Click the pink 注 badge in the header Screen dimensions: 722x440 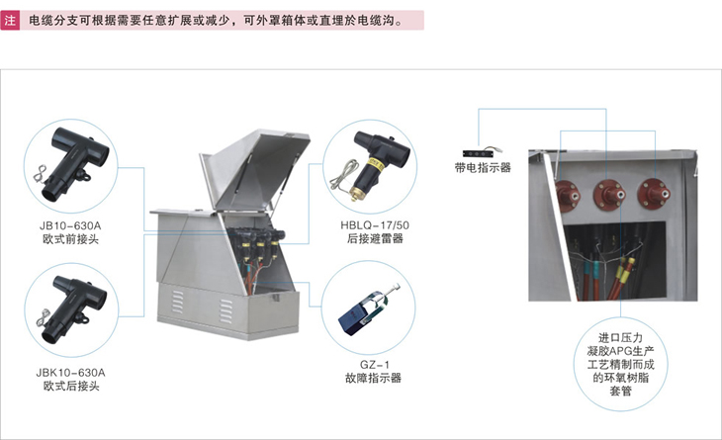(x=10, y=21)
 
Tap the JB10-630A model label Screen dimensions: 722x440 (x=70, y=226)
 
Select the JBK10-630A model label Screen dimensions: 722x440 (x=70, y=373)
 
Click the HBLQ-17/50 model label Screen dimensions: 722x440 (x=375, y=225)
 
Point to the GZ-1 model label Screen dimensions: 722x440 (x=375, y=365)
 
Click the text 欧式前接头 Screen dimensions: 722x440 (x=70, y=239)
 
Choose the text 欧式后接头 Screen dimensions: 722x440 (x=71, y=387)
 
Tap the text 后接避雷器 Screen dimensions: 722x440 (x=375, y=239)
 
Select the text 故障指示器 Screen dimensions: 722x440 (x=374, y=379)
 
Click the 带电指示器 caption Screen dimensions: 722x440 (x=483, y=168)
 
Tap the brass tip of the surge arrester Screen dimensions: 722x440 (x=354, y=194)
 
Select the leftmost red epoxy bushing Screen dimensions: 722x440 (x=567, y=194)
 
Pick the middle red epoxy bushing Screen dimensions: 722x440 (x=609, y=194)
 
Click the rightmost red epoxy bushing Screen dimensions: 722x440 (x=653, y=194)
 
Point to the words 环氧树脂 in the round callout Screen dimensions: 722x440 (x=620, y=378)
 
